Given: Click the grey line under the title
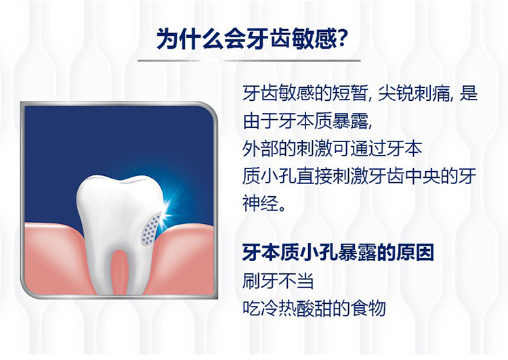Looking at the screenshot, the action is (x=249, y=60).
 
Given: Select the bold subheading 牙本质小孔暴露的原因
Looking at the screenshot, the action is (x=338, y=252).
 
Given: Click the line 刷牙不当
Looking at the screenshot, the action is (x=278, y=280).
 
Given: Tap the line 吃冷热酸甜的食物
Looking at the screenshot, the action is (x=314, y=308).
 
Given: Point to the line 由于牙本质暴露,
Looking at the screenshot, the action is (x=307, y=121).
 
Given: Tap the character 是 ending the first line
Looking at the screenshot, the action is (x=469, y=93).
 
